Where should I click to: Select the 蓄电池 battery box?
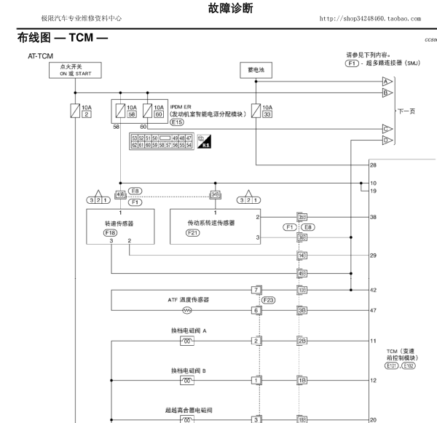coord(256,70)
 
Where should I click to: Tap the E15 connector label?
coord(177,123)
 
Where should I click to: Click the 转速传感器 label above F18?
coord(120,222)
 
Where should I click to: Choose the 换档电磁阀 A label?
coord(188,330)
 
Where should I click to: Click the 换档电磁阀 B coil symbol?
coord(186,380)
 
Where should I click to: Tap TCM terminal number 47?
coord(373,310)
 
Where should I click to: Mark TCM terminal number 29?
coord(373,256)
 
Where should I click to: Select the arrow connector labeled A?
coord(386,82)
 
